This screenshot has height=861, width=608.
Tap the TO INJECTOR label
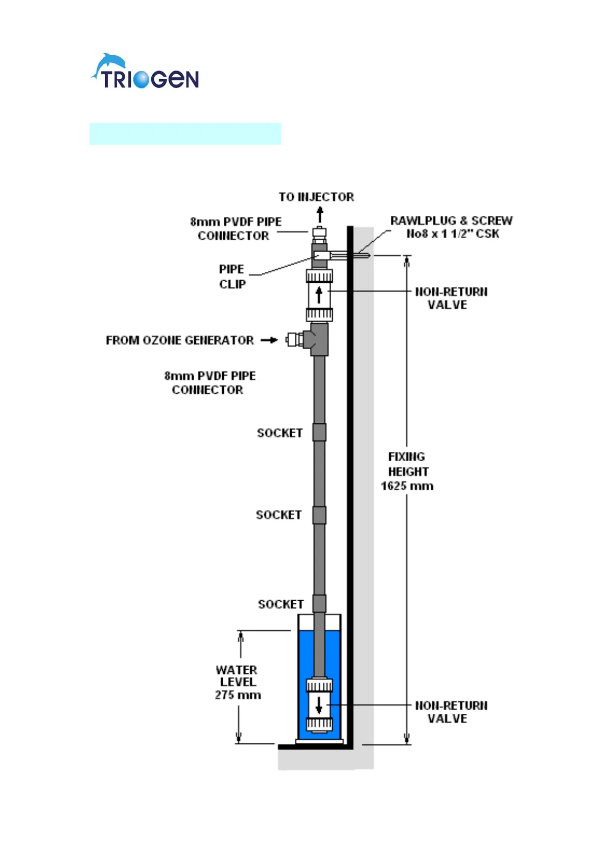pyautogui.click(x=316, y=197)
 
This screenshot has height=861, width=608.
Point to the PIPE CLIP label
pyautogui.click(x=232, y=277)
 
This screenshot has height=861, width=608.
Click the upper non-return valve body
pyautogui.click(x=319, y=296)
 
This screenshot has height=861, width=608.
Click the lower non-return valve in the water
pyautogui.click(x=319, y=705)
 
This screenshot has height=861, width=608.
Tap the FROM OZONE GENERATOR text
pyautogui.click(x=179, y=341)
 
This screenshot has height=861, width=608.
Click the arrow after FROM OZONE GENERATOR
pyautogui.click(x=269, y=340)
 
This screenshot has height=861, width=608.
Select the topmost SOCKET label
pyautogui.click(x=279, y=433)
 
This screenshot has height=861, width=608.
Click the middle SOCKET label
pyautogui.click(x=278, y=515)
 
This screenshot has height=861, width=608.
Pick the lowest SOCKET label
pyautogui.click(x=280, y=604)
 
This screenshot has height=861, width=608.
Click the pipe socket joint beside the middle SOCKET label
pyautogui.click(x=319, y=515)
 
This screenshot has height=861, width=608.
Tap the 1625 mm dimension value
pyautogui.click(x=407, y=486)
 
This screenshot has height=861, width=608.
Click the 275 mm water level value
pyautogui.click(x=238, y=695)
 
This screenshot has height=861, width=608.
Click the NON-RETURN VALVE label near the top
pyautogui.click(x=451, y=298)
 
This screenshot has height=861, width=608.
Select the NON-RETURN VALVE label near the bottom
pyautogui.click(x=451, y=712)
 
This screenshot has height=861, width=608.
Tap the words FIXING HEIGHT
pyautogui.click(x=408, y=464)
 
